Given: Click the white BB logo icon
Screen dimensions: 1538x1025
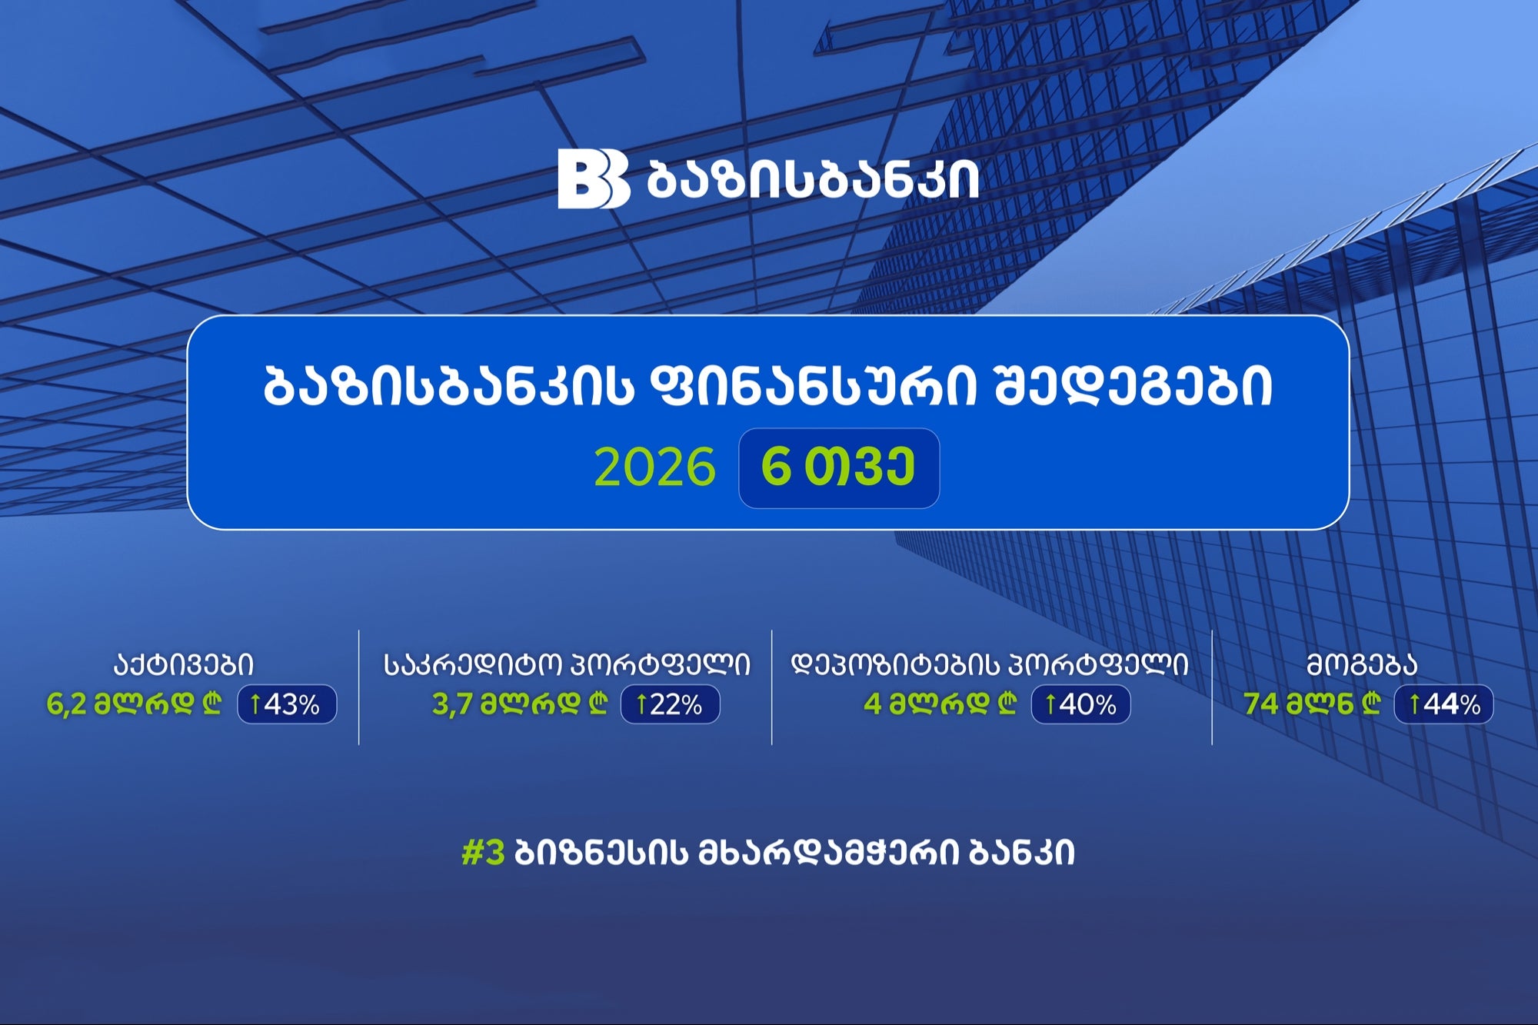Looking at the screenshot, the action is (x=594, y=178).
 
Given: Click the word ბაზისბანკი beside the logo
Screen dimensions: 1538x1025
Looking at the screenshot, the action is (x=813, y=180).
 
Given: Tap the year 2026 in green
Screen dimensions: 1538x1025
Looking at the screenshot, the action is (x=654, y=468).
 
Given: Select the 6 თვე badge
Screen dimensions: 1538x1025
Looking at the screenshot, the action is (x=839, y=468).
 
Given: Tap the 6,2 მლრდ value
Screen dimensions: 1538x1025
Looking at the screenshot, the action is (x=135, y=704).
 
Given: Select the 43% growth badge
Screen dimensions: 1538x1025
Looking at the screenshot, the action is (x=287, y=704).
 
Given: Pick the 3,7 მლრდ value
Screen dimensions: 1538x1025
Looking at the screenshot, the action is (x=520, y=704).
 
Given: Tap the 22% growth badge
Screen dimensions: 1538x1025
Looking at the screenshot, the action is (x=670, y=704).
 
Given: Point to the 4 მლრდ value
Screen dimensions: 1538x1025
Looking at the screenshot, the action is (x=940, y=704).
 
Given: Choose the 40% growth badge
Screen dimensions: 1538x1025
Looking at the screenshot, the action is (x=1080, y=704).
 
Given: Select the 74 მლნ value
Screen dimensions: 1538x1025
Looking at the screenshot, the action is (x=1312, y=704).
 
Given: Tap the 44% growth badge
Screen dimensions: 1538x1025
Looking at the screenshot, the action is (x=1444, y=704).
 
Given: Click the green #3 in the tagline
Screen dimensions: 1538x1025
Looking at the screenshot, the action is (x=483, y=853).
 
